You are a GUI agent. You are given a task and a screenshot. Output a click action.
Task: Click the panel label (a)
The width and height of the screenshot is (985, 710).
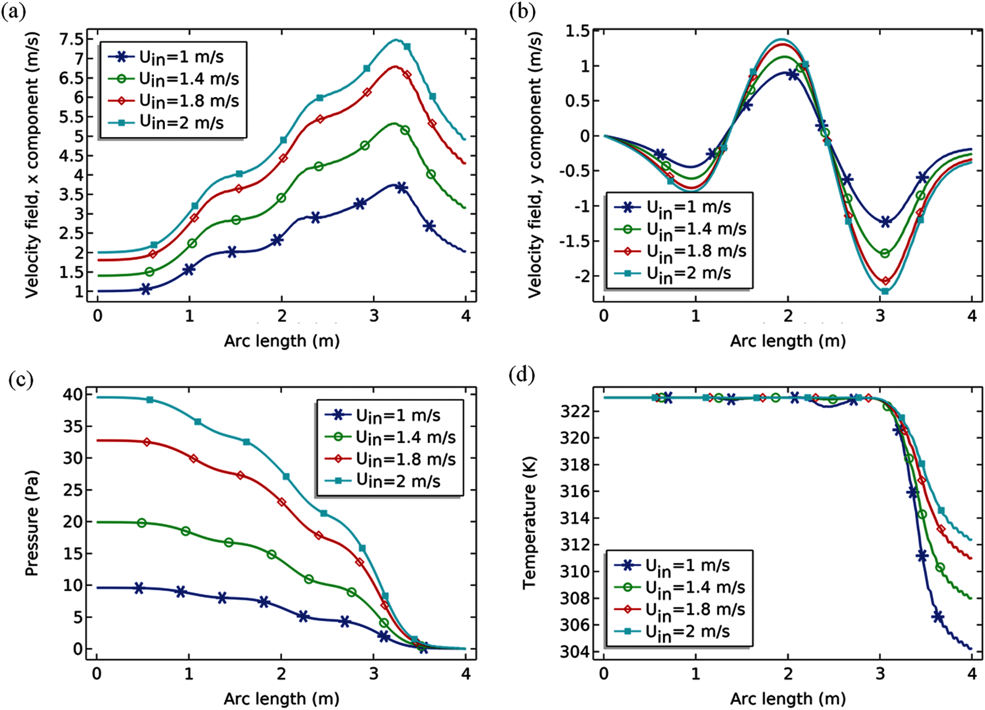coord(13,12)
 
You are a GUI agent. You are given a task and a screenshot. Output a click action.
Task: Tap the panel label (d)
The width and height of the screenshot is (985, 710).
coord(522,374)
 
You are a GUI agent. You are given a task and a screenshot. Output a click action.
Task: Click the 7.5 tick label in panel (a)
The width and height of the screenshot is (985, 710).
coord(72,39)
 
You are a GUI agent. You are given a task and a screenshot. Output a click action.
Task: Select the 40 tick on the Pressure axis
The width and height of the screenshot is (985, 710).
coord(73,394)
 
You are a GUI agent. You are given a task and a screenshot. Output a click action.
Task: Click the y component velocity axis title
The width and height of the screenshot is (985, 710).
coord(535,165)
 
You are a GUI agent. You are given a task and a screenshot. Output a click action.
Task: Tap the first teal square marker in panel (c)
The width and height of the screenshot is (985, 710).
coord(150,400)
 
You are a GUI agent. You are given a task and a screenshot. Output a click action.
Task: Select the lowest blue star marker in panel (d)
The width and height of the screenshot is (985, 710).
coord(938,617)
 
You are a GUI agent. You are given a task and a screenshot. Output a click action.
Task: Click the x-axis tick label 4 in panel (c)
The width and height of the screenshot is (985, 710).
coord(466,674)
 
